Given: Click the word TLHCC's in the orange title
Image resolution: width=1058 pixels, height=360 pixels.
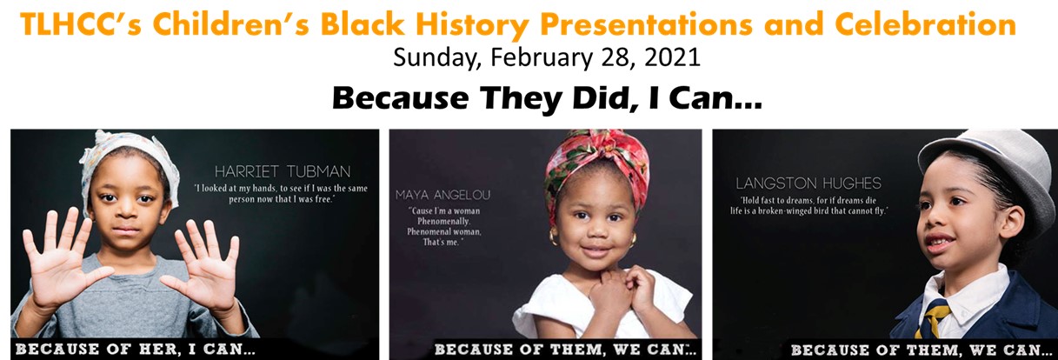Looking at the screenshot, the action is click(x=81, y=24).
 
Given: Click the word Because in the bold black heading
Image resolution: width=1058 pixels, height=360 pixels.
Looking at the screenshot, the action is click(x=401, y=98).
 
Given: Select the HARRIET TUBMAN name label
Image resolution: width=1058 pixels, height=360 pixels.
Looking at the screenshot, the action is click(x=283, y=171).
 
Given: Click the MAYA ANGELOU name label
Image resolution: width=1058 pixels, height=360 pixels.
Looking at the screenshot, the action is click(x=443, y=195).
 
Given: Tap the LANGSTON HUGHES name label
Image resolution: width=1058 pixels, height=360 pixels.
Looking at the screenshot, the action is click(x=808, y=183).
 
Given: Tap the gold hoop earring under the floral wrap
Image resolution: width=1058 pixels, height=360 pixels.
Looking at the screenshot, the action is click(x=553, y=237).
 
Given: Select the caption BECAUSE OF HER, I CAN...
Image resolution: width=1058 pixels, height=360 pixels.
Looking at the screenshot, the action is click(x=136, y=350).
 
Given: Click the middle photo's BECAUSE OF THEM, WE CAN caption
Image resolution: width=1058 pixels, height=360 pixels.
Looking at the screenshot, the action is click(x=565, y=350).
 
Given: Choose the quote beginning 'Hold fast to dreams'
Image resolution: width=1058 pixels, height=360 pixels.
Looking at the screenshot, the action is click(x=808, y=205).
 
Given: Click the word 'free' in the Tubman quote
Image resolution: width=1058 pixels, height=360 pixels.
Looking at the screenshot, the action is click(x=324, y=199).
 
